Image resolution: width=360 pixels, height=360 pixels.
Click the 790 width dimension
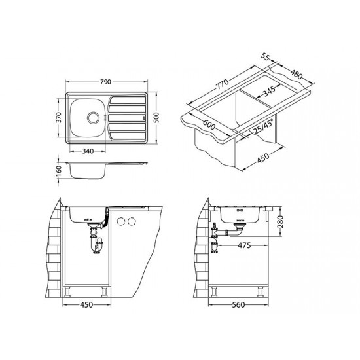pos(105,82)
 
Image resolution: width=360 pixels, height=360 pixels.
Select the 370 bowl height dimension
pos(59,117)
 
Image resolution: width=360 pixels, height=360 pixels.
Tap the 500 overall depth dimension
pos(156,118)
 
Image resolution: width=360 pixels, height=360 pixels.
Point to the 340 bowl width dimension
pos(88,151)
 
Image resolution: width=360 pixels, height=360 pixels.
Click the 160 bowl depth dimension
pos(59,171)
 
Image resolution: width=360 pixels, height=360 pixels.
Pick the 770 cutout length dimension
pos(223,84)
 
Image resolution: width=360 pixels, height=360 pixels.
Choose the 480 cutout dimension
pos(297,74)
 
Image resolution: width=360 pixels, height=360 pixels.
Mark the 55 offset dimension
pos(264,57)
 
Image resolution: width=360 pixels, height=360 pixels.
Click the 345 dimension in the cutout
pos(268,92)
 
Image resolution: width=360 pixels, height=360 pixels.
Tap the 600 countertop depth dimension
pos(209,125)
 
